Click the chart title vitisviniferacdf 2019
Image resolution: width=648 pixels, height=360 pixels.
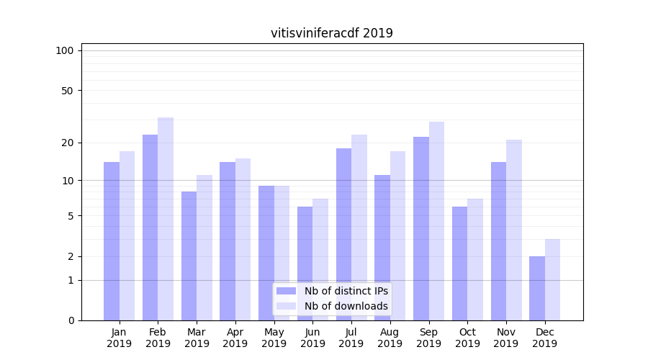coord(331,33)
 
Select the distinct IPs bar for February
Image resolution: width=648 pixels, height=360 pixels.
coord(150,227)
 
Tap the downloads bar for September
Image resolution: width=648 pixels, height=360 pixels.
coord(436,220)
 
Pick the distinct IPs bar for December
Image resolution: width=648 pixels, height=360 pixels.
coord(537,288)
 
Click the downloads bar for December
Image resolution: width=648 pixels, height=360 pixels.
coord(552,279)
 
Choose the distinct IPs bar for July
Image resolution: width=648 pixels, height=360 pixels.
coord(343,234)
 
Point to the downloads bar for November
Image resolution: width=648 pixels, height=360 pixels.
coord(514,230)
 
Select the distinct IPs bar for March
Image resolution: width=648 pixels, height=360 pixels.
coord(189,256)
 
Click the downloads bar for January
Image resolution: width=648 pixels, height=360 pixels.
coord(127,235)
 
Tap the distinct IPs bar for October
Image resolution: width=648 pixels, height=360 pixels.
coord(459,263)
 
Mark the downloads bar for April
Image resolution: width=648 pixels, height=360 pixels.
coord(243,239)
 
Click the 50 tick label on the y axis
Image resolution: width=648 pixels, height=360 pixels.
coord(67,91)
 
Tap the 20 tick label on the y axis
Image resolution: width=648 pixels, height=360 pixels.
coord(67,143)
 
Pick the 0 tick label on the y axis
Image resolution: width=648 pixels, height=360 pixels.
coord(71,320)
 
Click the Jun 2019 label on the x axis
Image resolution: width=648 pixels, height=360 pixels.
coord(312,338)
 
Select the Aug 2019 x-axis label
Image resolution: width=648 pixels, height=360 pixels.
coord(390,338)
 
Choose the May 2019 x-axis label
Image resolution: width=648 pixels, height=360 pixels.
coord(274,338)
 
